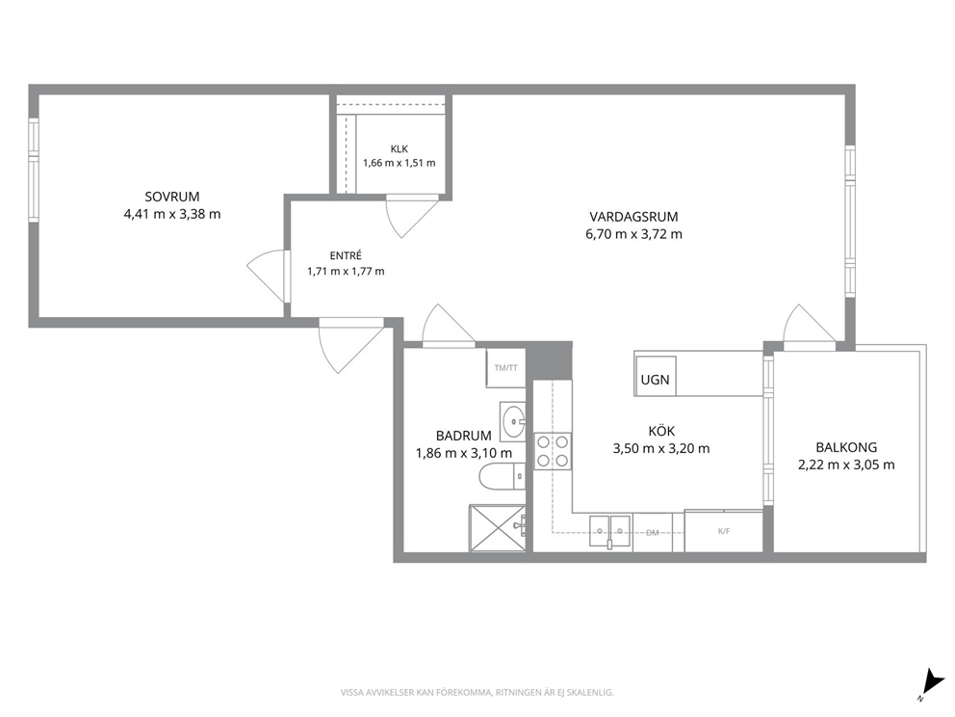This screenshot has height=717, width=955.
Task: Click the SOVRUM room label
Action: pos(172,197)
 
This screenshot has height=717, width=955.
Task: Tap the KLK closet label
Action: pos(400,148)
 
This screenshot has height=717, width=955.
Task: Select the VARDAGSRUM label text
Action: pos(633,217)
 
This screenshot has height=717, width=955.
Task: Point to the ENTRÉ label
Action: pos(346,255)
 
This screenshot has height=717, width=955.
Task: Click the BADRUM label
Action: pos(463,436)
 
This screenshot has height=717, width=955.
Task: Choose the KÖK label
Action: pos(661,431)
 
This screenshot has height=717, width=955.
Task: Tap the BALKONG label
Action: pos(846,447)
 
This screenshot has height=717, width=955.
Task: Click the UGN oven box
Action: pos(656,376)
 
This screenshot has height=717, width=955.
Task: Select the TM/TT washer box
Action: pos(505,368)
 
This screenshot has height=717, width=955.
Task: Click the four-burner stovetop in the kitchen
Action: pos(553,451)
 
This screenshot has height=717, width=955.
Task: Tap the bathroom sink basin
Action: pos(513,421)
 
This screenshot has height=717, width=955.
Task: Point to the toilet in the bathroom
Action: pos(503,477)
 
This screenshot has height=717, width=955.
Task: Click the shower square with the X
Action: pos(497,528)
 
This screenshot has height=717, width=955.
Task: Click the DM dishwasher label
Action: pos(653,533)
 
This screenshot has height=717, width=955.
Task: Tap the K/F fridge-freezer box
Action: pos(724,531)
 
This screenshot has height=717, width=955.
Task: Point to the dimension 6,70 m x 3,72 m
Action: pos(634,234)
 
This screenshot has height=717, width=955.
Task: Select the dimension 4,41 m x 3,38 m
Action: pos(172,214)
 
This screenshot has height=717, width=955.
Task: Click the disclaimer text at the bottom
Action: pos(477,693)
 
